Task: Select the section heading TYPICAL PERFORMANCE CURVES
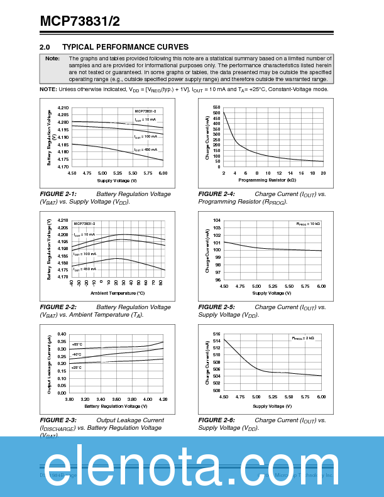pyautogui.click(x=125, y=47)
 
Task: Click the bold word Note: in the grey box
pyautogui.click(x=53, y=58)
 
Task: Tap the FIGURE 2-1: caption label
pyautogui.click(x=58, y=194)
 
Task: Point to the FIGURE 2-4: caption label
pyautogui.click(x=216, y=194)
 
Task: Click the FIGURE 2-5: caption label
pyautogui.click(x=216, y=307)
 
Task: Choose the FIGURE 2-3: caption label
pyautogui.click(x=58, y=420)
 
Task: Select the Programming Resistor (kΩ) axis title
pyautogui.click(x=272, y=180)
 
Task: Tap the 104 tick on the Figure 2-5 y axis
pyautogui.click(x=216, y=221)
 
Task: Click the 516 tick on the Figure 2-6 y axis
pyautogui.click(x=216, y=334)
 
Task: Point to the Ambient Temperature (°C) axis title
pyautogui.click(x=118, y=293)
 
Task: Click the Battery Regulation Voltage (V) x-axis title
pyautogui.click(x=117, y=406)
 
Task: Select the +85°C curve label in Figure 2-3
pyautogui.click(x=77, y=344)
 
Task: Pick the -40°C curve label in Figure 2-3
pyautogui.click(x=77, y=354)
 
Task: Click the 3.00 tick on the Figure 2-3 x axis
pyautogui.click(x=69, y=399)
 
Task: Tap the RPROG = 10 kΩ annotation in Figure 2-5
pyautogui.click(x=308, y=224)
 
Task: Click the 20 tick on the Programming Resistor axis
pyautogui.click(x=322, y=173)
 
